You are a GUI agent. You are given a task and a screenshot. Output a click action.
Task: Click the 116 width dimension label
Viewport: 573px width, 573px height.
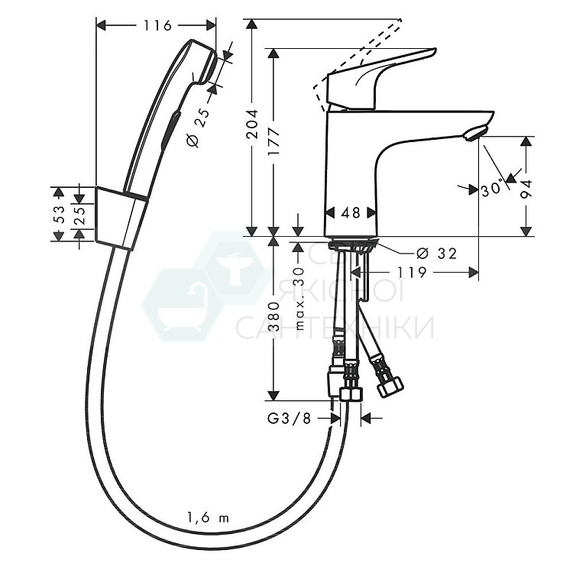click(x=157, y=26)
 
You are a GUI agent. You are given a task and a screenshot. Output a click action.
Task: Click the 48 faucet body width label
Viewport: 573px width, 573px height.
click(x=351, y=214)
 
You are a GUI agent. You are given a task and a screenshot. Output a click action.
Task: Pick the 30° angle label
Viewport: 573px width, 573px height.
click(x=494, y=188)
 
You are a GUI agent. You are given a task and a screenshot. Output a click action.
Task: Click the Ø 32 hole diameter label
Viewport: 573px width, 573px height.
click(x=436, y=254)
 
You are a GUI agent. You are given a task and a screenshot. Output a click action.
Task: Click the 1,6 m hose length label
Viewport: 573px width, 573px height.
click(x=207, y=518)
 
